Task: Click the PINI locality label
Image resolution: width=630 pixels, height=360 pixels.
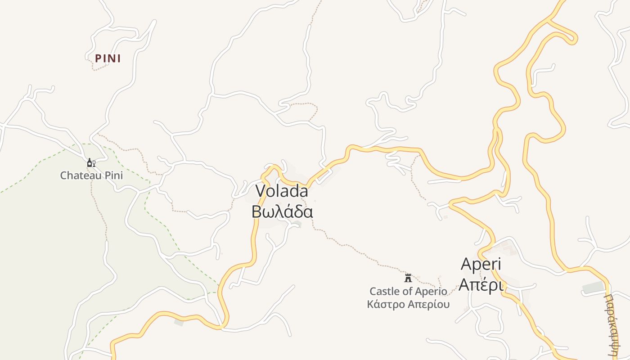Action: point(108,58)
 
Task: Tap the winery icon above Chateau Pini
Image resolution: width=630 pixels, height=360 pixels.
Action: point(91,163)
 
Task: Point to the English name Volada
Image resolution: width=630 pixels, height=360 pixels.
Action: point(282,191)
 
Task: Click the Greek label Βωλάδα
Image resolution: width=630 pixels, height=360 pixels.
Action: point(282,211)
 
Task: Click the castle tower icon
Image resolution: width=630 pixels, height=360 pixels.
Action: point(408,278)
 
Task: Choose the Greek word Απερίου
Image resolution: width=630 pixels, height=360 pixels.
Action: point(428,305)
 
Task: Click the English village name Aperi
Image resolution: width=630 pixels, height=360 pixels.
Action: point(481,264)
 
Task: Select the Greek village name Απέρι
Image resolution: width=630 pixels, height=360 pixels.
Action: point(481,284)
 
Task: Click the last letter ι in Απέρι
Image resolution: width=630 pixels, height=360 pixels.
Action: point(500,284)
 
